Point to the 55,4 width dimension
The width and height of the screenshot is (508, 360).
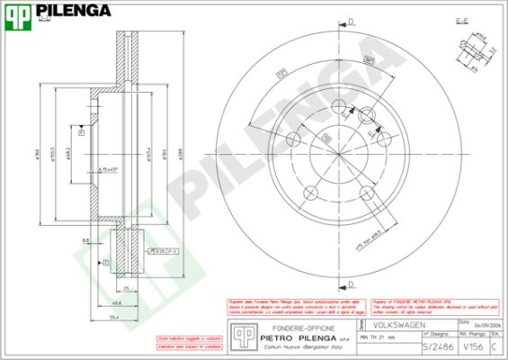(x=113, y=318)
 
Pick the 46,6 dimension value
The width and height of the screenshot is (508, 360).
(x=118, y=304)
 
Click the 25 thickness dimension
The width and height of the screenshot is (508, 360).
(x=127, y=288)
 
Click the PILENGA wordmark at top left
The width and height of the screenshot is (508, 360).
(x=76, y=11)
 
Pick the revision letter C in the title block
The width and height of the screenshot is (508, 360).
(x=494, y=346)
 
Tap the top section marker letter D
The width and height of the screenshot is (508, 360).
(x=352, y=21)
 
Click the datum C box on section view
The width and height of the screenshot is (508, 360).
(x=106, y=262)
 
